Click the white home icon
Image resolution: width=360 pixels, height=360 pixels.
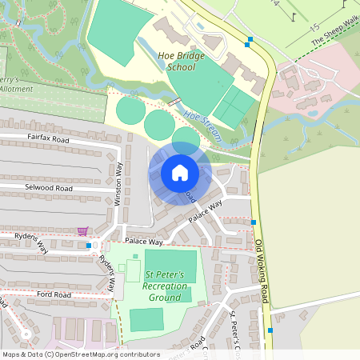click(x=180, y=173)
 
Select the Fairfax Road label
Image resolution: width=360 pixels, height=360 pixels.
click(x=48, y=139)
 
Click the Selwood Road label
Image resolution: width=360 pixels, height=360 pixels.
click(x=50, y=189)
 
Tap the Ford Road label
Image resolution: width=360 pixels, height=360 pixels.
click(x=54, y=295)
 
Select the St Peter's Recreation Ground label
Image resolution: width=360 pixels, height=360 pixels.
click(x=163, y=286)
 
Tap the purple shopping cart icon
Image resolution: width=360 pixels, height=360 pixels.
click(x=82, y=231)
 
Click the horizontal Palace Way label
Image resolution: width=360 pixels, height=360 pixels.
click(x=143, y=242)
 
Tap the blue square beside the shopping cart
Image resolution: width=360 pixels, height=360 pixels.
click(x=89, y=246)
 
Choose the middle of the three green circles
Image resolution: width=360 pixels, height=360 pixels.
click(x=159, y=124)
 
